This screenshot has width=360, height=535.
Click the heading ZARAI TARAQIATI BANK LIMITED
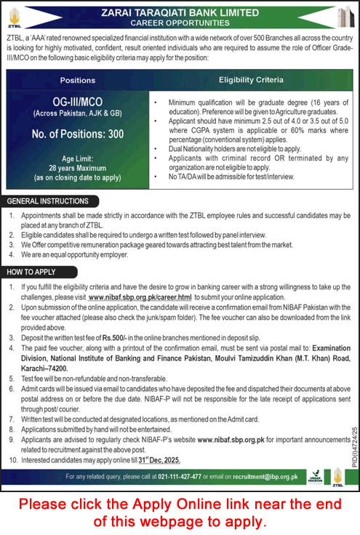180,12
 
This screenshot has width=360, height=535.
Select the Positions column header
78,80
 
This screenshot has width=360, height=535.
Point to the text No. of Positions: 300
78,134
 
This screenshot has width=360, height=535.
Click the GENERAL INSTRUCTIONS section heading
49,200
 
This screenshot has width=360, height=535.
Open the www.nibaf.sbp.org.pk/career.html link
140,298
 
